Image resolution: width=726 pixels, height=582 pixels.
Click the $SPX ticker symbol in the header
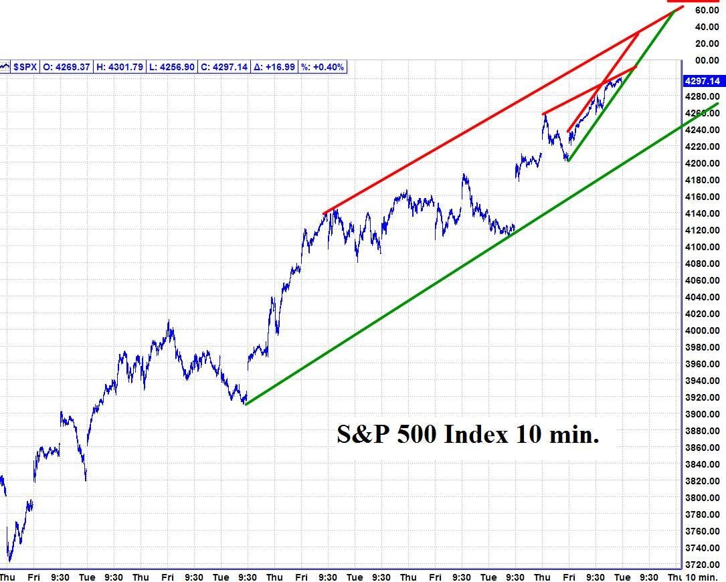[25, 67]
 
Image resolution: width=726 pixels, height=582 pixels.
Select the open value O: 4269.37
[67, 67]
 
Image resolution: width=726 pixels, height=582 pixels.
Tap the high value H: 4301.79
[119, 67]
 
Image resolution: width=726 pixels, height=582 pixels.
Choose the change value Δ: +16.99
[274, 67]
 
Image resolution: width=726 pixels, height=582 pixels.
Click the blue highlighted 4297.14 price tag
[703, 81]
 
